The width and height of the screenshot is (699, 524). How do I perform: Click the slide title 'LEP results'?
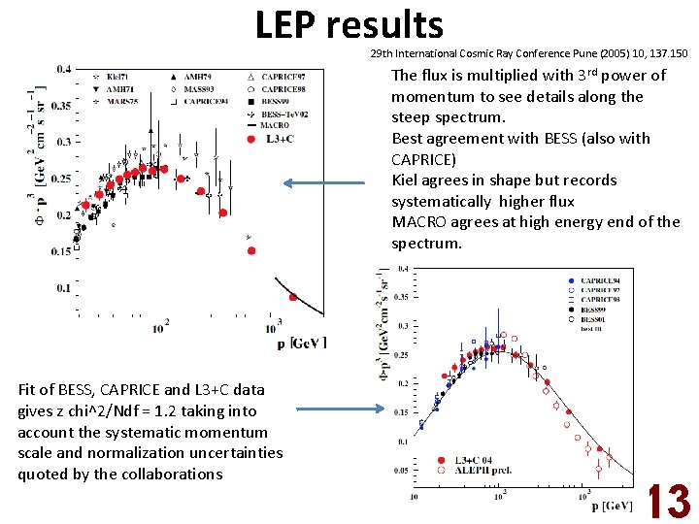click(349, 24)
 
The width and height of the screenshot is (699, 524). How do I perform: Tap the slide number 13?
click(669, 502)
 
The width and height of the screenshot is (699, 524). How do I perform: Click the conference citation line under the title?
click(528, 52)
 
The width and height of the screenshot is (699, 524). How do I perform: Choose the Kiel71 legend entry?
click(115, 76)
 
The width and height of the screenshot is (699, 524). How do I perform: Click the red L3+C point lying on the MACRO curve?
click(295, 297)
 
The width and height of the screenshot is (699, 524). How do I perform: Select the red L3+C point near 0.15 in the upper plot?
click(251, 250)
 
